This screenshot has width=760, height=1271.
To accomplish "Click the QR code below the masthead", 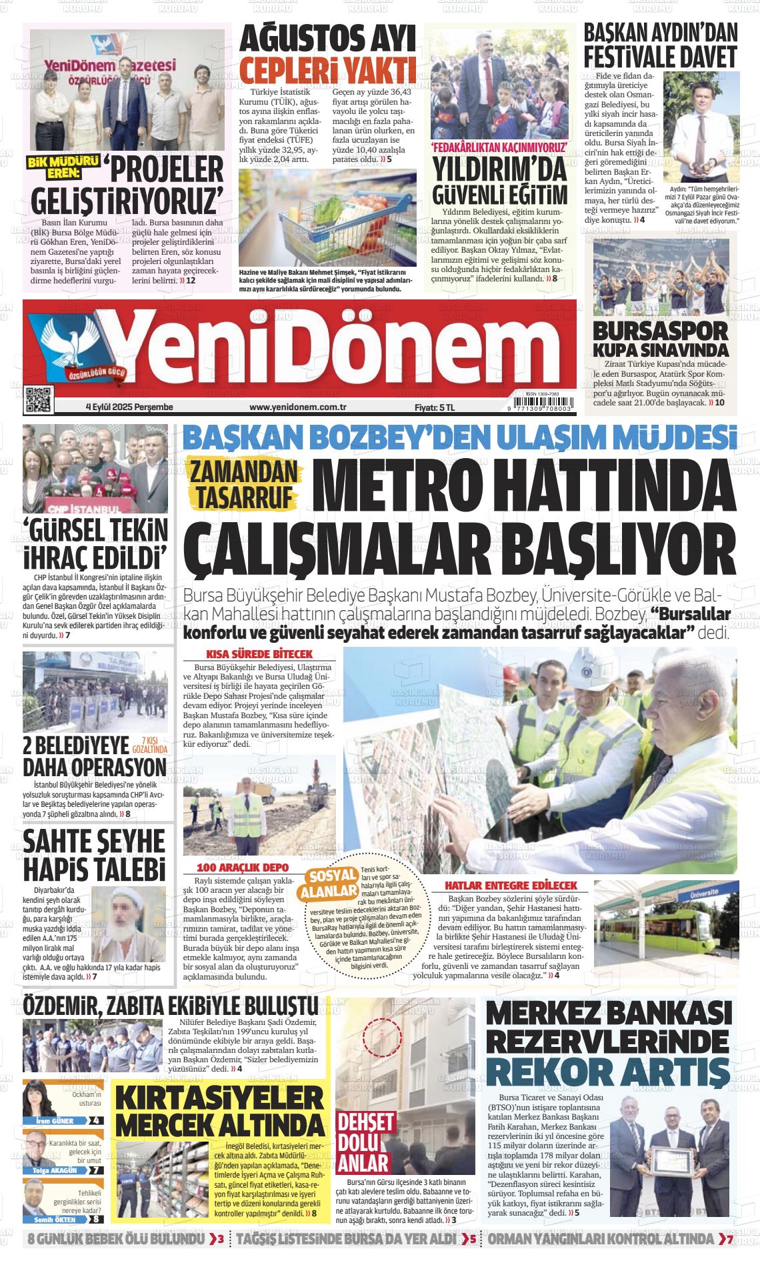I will click(x=38, y=399).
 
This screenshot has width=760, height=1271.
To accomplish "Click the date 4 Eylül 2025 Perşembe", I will click(x=129, y=407).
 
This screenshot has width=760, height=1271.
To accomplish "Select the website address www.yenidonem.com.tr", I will click(x=297, y=407).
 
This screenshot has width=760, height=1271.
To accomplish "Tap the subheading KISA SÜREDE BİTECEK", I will click(x=259, y=654).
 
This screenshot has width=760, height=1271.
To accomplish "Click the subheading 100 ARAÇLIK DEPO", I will click(x=243, y=868).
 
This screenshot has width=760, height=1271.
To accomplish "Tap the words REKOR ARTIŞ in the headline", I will click(x=607, y=1072).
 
